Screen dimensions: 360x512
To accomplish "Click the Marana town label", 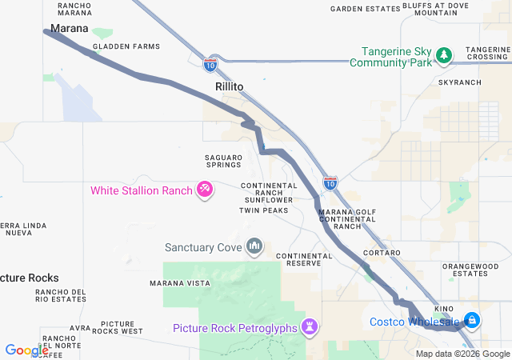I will (x=69, y=29).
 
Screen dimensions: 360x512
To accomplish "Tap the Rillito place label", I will (x=229, y=86).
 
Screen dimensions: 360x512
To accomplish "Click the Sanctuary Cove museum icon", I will (x=254, y=245).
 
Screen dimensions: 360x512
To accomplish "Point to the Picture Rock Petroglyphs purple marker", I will (x=310, y=326).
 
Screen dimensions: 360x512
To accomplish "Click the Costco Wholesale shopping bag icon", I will (x=472, y=321).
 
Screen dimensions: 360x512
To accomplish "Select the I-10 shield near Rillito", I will (x=210, y=62).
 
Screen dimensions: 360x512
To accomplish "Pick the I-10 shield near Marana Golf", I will (x=330, y=184).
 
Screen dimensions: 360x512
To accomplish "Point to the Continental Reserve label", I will (x=303, y=259).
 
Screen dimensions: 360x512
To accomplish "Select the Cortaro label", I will (x=376, y=253).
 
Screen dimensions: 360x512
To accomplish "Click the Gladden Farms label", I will (x=126, y=46).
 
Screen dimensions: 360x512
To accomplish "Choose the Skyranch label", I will (x=459, y=82).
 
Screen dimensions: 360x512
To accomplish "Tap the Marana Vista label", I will (x=180, y=283).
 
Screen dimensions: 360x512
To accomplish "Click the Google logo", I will (x=26, y=350).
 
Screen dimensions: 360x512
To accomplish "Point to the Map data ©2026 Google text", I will (x=462, y=354).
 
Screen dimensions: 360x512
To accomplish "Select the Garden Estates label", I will (x=365, y=9).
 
